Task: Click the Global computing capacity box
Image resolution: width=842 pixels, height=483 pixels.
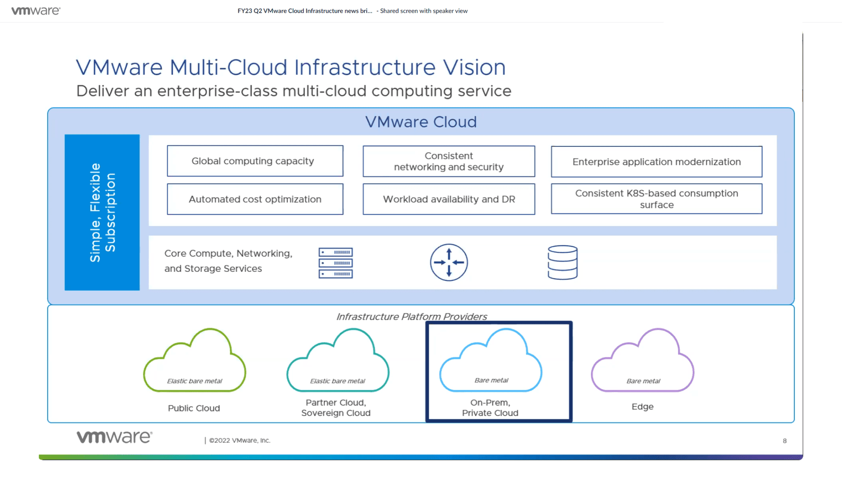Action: (x=255, y=161)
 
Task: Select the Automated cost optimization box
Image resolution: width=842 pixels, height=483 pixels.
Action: (x=255, y=199)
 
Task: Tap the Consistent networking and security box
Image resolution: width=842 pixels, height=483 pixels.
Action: (x=449, y=161)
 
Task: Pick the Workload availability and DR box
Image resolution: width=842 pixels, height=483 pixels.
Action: (x=449, y=199)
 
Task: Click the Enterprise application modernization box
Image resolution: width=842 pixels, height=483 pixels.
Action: (x=657, y=162)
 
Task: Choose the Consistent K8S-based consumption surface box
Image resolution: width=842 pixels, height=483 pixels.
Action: (x=657, y=199)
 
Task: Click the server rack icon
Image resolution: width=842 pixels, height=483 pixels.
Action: (x=335, y=263)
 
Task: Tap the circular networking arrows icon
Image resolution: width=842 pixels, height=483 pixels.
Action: (x=449, y=262)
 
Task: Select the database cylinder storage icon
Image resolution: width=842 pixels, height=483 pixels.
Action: (x=562, y=262)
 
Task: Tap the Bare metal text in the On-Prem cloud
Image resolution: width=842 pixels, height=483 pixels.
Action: (x=491, y=380)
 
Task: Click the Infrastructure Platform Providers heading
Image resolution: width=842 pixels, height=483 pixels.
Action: (x=412, y=317)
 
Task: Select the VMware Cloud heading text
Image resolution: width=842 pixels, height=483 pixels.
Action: (x=421, y=122)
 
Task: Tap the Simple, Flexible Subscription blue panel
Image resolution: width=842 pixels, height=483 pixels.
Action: (x=102, y=212)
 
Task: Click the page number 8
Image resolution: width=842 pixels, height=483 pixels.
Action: (x=784, y=441)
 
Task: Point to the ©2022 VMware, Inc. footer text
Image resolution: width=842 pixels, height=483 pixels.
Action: (x=239, y=440)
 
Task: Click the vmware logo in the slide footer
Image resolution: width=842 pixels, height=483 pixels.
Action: (x=114, y=437)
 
